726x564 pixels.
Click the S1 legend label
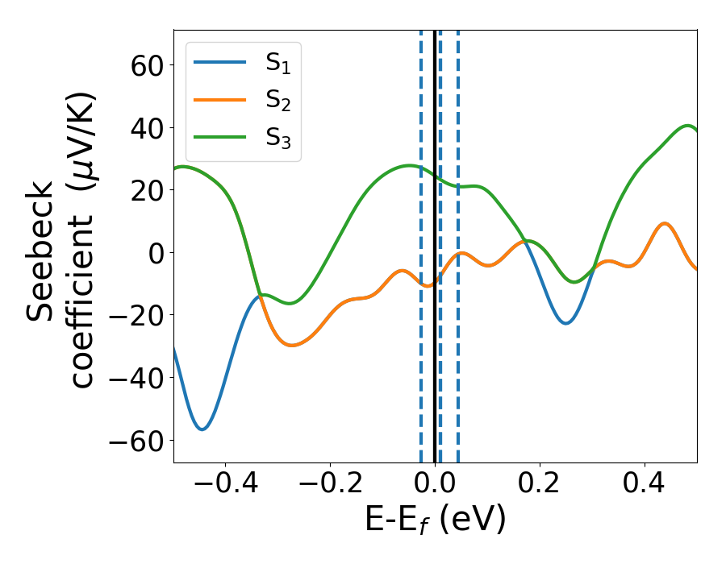coord(277,64)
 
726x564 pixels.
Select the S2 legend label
coord(277,101)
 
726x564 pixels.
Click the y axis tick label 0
coord(154,253)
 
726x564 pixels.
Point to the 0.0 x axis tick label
coord(435,487)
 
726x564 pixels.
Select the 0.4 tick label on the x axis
coord(645,487)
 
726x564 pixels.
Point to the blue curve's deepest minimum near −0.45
coord(202,429)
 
